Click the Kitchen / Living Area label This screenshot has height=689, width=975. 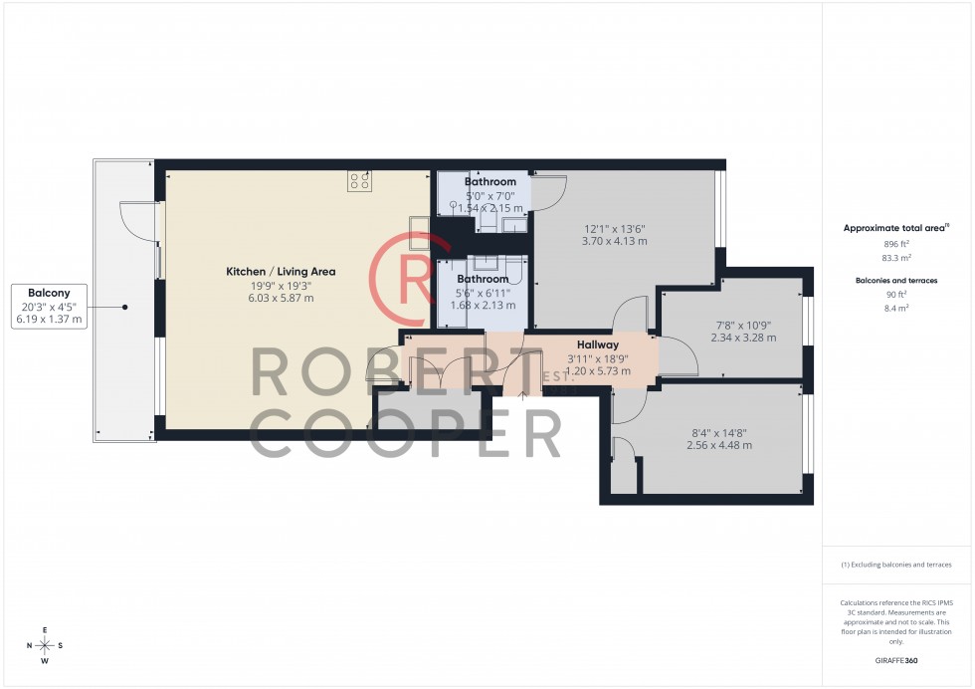pyautogui.click(x=282, y=271)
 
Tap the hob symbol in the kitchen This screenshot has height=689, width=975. pyautogui.click(x=359, y=180)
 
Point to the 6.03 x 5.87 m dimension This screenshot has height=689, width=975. pyautogui.click(x=282, y=298)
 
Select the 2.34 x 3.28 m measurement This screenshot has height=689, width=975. pyautogui.click(x=743, y=338)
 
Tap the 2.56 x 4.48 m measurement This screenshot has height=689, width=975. pyautogui.click(x=719, y=445)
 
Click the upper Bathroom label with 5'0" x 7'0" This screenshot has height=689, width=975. pyautogui.click(x=490, y=182)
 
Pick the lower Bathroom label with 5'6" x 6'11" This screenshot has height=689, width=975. pyautogui.click(x=482, y=280)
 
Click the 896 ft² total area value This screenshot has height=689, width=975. pyautogui.click(x=896, y=243)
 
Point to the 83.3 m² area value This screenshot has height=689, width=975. pyautogui.click(x=896, y=256)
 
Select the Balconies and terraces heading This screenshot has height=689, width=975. pyautogui.click(x=896, y=281)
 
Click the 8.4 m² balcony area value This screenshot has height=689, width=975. pyautogui.click(x=896, y=308)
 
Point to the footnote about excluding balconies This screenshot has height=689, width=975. pyautogui.click(x=896, y=565)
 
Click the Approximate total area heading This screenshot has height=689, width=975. pyautogui.click(x=895, y=228)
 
